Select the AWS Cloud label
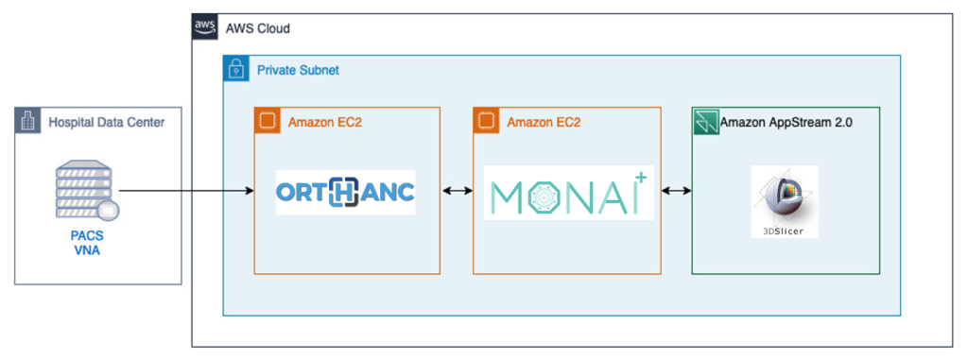click(257, 28)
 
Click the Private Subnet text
click(298, 70)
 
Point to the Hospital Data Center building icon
click(28, 121)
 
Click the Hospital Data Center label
click(106, 121)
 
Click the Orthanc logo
click(345, 192)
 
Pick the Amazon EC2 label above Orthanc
click(325, 121)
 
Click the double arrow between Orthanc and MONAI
click(457, 192)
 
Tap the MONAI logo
click(568, 193)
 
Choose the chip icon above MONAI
click(487, 121)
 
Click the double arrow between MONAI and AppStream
click(676, 192)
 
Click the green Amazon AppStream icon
click(705, 121)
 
